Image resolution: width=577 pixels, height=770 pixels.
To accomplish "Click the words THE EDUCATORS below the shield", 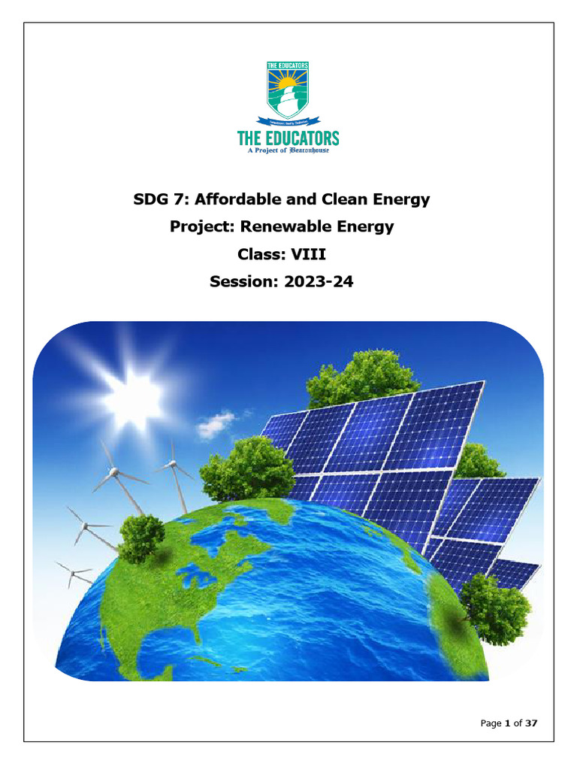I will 288,138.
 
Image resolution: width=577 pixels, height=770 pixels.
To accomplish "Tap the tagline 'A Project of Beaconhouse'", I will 288,150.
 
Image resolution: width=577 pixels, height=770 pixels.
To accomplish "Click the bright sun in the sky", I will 125,390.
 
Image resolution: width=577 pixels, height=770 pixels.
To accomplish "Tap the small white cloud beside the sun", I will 216,423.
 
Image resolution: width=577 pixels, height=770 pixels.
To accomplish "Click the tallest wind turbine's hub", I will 113,473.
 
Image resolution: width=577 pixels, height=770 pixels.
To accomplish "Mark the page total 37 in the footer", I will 530,723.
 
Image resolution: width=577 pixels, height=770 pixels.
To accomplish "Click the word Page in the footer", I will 491,723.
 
